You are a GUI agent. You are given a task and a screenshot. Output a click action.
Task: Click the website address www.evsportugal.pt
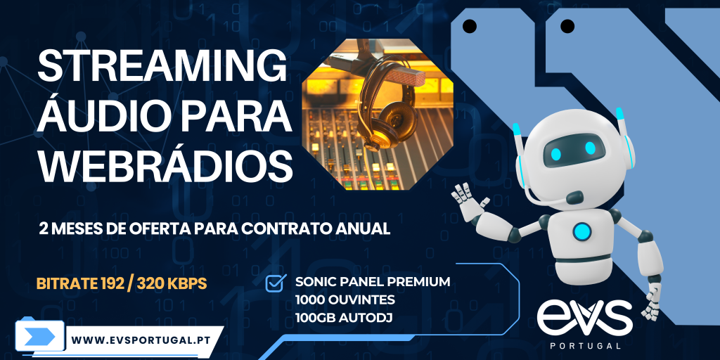141,340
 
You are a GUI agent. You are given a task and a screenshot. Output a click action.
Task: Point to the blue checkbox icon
276,283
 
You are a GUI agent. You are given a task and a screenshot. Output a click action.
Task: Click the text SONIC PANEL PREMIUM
373,281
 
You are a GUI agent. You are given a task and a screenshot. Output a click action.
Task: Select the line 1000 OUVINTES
345,300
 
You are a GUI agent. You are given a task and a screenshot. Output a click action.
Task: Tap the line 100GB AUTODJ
341,318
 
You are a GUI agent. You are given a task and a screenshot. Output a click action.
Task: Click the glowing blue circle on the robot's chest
581,231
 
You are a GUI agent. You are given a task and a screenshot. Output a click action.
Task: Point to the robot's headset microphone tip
574,198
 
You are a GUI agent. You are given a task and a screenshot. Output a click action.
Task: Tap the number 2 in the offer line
44,229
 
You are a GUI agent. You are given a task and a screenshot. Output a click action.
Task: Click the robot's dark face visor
574,150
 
